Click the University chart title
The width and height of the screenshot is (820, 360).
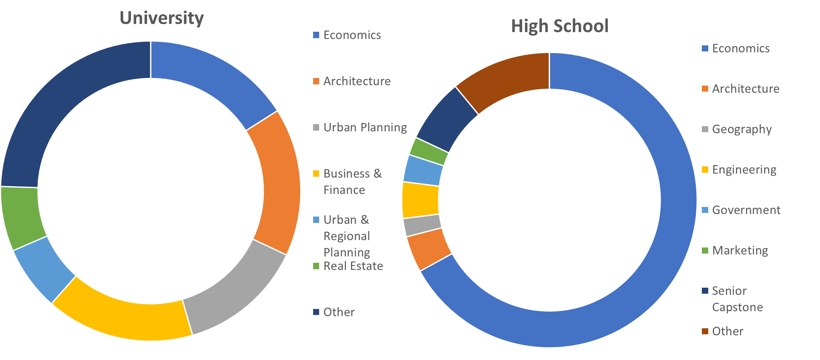coord(162,18)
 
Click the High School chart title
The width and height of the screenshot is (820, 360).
coord(560,26)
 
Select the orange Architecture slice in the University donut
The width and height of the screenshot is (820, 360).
coord(277,181)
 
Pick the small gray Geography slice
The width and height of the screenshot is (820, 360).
coord(423,226)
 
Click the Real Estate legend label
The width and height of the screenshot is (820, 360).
coord(353,266)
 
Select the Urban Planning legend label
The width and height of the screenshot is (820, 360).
coord(365,127)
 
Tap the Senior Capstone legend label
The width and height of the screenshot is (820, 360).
coord(737,299)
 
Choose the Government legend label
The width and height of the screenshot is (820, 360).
coord(746,210)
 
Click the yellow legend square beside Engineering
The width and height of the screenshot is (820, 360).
coord(705,170)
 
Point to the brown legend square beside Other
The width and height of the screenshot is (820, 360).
coord(705,331)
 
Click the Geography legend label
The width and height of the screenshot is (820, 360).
coord(742,129)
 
